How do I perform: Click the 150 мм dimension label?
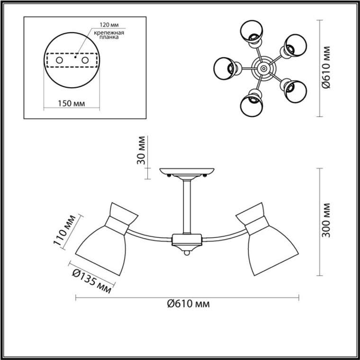coord(71,104)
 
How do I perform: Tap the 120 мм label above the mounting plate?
coord(109,25)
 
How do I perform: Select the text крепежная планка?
coord(109,35)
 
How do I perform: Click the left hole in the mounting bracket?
coord(60,60)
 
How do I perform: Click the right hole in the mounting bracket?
coord(85,60)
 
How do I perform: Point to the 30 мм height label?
coord(141,150)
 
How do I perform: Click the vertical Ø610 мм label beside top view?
coord(326,67)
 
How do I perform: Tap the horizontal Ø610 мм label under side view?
coord(189,304)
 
